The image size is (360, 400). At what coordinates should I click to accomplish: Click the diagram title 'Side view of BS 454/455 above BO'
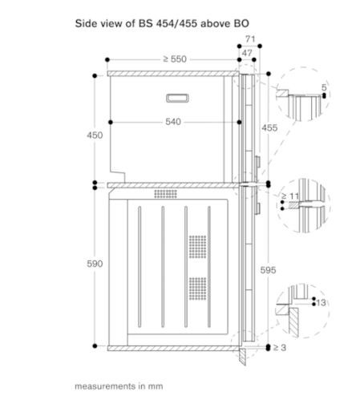click(x=162, y=23)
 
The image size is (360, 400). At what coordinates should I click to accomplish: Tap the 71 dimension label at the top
click(x=250, y=39)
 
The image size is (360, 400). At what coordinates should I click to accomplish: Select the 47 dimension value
click(x=247, y=53)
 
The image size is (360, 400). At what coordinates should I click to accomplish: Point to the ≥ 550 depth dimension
click(x=175, y=59)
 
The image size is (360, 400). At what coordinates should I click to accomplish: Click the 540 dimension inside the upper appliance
click(x=173, y=122)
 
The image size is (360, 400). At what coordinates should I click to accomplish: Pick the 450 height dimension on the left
click(x=95, y=135)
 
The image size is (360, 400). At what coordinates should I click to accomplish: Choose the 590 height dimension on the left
click(x=95, y=264)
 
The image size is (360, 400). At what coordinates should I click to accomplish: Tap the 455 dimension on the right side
click(x=269, y=128)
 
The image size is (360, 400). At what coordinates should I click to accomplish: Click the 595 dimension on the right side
click(x=268, y=270)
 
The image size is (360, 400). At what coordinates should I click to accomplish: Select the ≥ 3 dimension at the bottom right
click(x=280, y=348)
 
